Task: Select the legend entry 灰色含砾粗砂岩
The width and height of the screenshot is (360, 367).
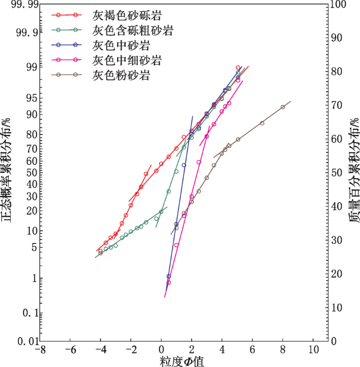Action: coord(133,31)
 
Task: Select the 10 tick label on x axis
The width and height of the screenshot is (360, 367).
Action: coord(313,349)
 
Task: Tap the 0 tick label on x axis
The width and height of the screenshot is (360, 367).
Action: coord(161,349)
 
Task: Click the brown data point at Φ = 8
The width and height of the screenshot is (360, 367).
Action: coord(283,107)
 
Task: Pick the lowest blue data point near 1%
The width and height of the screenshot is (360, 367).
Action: coord(168,276)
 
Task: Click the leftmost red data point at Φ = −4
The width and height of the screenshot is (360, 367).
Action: coord(100,251)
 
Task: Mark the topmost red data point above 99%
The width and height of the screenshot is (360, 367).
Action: coord(238,67)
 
